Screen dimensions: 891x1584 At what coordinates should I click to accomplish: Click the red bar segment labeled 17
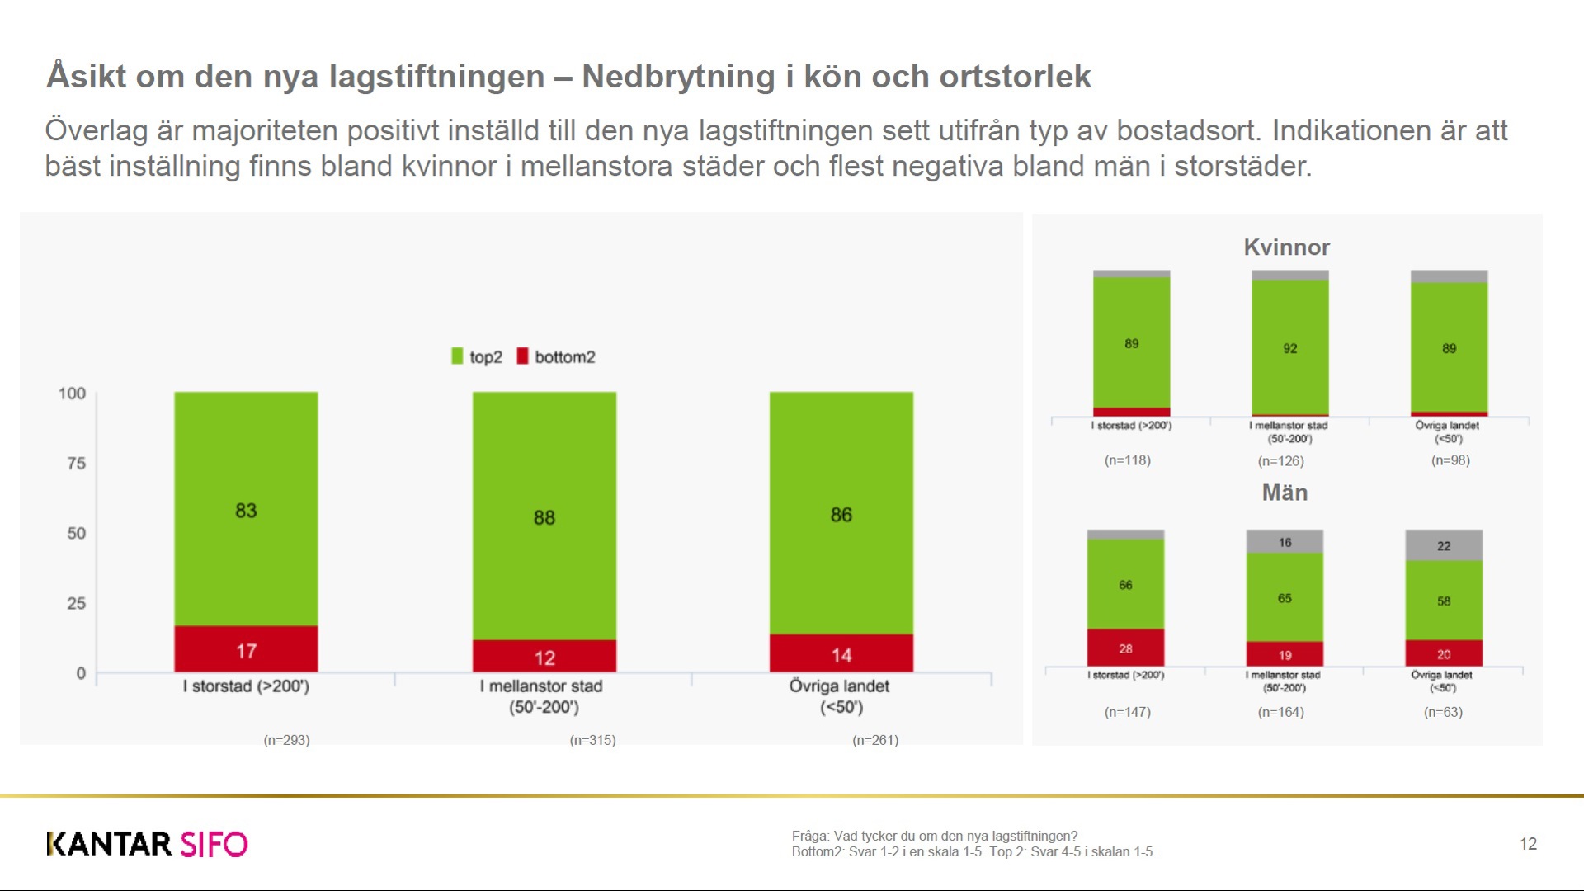[x=246, y=649]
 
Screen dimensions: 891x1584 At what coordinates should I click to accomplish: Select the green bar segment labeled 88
[x=544, y=516]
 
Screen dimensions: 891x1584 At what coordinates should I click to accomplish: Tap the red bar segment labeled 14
[x=841, y=653]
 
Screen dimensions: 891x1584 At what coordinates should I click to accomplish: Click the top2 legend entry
[x=477, y=356]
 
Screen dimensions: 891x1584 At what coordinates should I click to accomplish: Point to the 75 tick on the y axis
[x=76, y=464]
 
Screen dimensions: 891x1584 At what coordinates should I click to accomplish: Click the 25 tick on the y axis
[x=76, y=604]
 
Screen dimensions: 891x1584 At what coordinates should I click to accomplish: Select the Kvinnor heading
[x=1286, y=247]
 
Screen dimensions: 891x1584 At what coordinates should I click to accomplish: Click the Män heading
[x=1285, y=493]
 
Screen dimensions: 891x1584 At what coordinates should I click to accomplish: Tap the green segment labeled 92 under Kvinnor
[x=1289, y=348]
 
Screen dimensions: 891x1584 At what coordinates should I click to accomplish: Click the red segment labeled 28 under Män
[x=1125, y=648]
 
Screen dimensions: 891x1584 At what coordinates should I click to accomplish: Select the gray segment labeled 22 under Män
[x=1443, y=545]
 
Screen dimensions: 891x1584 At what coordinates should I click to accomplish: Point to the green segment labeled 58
[x=1443, y=601]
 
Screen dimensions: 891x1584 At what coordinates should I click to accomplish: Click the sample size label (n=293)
[x=286, y=740]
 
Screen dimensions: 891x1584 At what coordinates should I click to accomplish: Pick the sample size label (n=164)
[x=1280, y=712]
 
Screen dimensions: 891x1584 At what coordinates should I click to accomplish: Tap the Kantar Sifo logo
[x=147, y=844]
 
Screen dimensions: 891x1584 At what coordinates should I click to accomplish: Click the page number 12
[x=1528, y=844]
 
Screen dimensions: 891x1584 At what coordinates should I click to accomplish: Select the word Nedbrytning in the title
[x=677, y=77]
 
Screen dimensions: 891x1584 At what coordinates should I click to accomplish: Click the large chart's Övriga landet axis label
[x=840, y=696]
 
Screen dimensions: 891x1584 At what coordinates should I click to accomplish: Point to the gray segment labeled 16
[x=1285, y=542]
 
